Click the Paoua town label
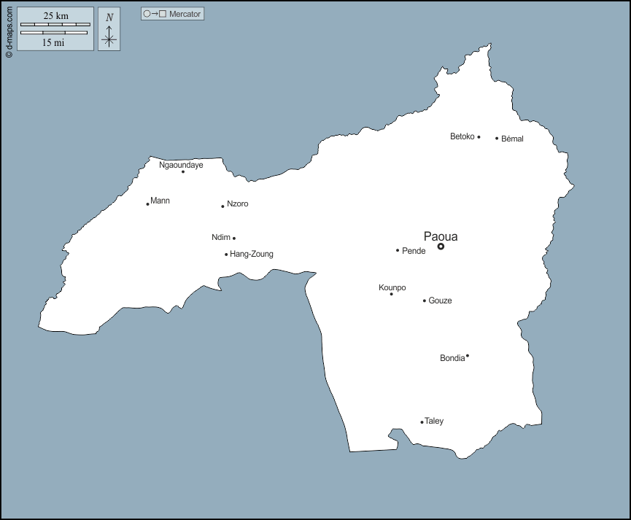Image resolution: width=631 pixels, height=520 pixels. pyautogui.click(x=441, y=236)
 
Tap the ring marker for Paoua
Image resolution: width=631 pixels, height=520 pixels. pyautogui.click(x=441, y=247)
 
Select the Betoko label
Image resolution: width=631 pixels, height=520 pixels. pyautogui.click(x=462, y=136)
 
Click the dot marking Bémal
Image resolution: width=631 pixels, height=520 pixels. pyautogui.click(x=497, y=138)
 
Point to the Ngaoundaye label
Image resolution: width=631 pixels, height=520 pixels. pyautogui.click(x=181, y=165)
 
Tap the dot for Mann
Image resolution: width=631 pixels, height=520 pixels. pyautogui.click(x=147, y=203)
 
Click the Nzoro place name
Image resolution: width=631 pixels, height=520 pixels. pyautogui.click(x=237, y=204)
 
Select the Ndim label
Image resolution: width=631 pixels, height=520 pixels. pyautogui.click(x=220, y=237)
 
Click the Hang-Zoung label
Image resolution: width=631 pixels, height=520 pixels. pyautogui.click(x=252, y=255)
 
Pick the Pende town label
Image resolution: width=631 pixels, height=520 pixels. pyautogui.click(x=414, y=251)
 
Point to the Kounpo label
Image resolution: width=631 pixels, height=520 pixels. pyautogui.click(x=392, y=287)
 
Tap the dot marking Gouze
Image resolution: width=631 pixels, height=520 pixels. pyautogui.click(x=424, y=300)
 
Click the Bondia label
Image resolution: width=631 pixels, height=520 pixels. pyautogui.click(x=452, y=358)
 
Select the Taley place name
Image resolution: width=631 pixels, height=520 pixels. pyautogui.click(x=434, y=421)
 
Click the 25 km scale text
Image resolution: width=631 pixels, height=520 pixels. pyautogui.click(x=55, y=16)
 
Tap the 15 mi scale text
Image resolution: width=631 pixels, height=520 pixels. pyautogui.click(x=53, y=42)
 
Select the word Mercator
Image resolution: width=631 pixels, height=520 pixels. pyautogui.click(x=185, y=14)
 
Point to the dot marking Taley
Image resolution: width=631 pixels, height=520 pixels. pyautogui.click(x=422, y=422)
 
